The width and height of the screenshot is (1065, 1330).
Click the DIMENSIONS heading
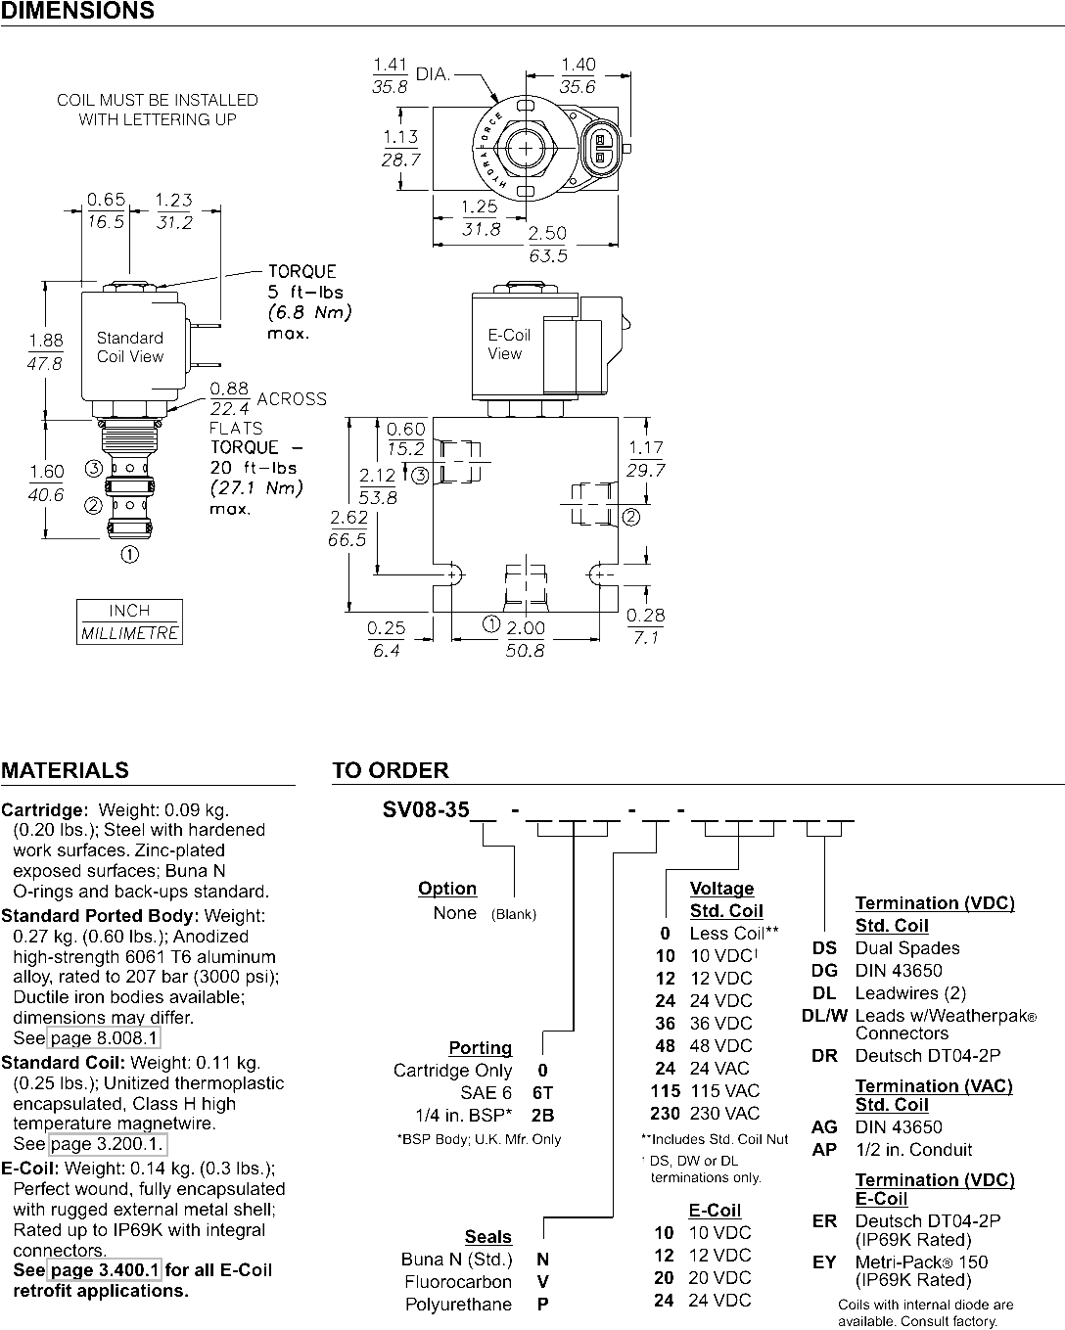78,11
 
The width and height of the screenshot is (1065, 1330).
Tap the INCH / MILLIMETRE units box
130,621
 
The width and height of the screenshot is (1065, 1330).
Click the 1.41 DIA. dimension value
390,65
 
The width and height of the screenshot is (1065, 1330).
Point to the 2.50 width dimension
547,233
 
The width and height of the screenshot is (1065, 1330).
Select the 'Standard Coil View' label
130,347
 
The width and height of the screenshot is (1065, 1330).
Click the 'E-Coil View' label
509,344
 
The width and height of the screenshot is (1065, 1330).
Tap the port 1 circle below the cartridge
130,554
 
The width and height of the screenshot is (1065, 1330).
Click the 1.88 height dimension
46,341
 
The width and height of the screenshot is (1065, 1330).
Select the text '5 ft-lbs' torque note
305,293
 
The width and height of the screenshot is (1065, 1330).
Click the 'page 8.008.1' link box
104,1037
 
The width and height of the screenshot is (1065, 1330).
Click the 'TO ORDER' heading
391,770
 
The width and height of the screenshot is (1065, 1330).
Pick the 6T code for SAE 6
542,1093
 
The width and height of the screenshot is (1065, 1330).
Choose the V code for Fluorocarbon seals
542,1282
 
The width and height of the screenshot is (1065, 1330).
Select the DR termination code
824,1056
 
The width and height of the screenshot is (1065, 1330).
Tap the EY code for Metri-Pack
824,1262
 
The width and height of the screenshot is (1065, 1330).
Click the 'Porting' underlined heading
481,1047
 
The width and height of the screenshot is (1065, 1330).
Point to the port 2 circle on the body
630,517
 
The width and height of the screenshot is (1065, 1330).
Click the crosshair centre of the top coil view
526,149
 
